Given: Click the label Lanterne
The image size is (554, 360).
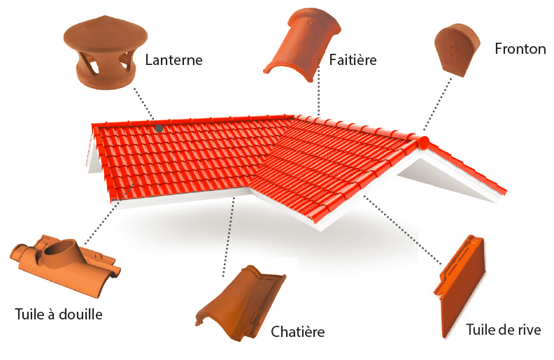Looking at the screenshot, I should click(173, 60).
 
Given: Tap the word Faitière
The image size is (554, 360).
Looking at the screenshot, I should click(353, 60).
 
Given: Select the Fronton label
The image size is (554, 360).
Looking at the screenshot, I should click(520, 49).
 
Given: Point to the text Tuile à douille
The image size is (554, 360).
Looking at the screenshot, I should click(59, 315).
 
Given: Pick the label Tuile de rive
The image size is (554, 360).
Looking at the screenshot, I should click(503, 330).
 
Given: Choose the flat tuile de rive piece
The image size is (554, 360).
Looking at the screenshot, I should click(462, 286).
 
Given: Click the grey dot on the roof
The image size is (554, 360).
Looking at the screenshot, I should click(159, 128).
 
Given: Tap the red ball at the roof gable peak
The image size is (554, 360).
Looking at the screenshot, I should click(423, 143).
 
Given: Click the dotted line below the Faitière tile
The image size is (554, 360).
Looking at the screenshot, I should click(319, 91).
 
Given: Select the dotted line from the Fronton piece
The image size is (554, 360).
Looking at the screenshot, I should click(436, 105).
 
